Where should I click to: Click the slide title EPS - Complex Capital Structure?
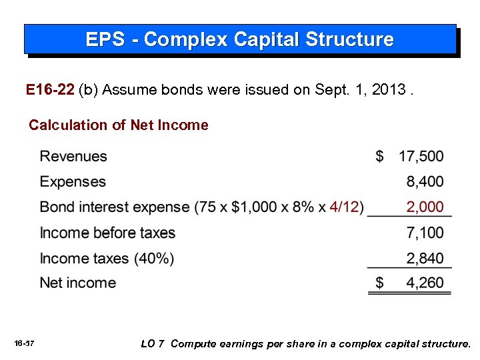point(239,39)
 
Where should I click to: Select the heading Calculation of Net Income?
point(119,125)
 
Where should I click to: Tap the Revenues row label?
point(73,157)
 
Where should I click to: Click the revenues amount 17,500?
point(421,157)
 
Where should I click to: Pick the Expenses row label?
point(73,182)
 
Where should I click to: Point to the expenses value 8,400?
point(425,182)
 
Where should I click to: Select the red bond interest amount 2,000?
point(425,207)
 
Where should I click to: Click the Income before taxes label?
point(107,233)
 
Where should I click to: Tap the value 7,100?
point(425,233)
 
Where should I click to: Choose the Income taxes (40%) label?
point(107,258)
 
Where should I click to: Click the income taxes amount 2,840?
point(425,258)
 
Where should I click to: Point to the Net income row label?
point(78,283)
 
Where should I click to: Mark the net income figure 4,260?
point(425,283)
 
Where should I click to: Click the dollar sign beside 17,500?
point(380,157)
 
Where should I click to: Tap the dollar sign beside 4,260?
point(380,283)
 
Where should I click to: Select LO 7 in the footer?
point(153,344)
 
